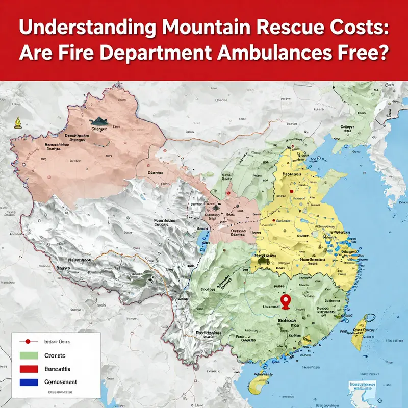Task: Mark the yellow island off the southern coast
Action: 307,339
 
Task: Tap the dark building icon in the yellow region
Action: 264,260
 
